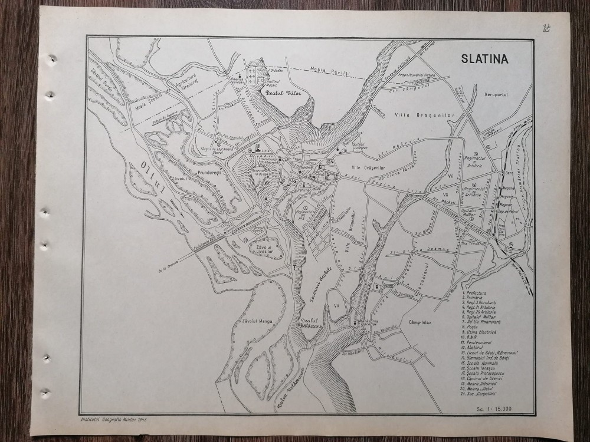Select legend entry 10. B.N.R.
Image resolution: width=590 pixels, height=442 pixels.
click(472, 339)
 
